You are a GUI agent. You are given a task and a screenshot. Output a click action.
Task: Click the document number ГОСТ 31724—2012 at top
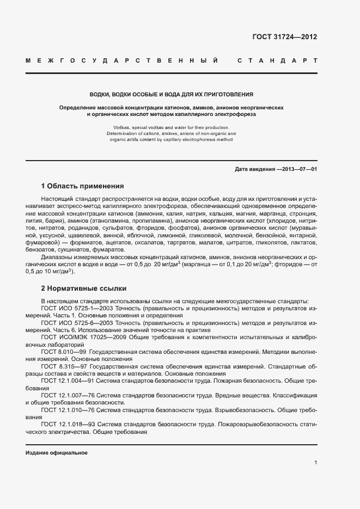click(x=284, y=37)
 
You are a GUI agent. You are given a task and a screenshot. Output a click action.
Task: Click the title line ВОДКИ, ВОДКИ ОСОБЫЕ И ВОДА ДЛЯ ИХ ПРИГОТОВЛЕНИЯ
click(x=171, y=94)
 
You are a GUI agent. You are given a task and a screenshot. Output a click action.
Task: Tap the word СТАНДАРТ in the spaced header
click(x=277, y=60)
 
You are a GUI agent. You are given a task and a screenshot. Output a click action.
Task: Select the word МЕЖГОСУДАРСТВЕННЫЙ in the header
click(x=123, y=60)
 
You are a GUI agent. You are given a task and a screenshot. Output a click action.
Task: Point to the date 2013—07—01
click(x=298, y=169)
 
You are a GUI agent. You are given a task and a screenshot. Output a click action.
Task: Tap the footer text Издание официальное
click(x=56, y=453)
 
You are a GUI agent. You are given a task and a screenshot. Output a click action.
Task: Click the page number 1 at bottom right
click(x=315, y=463)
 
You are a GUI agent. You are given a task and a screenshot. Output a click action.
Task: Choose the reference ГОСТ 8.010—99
click(x=64, y=352)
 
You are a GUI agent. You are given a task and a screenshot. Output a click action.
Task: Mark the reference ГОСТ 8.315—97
click(x=64, y=366)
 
